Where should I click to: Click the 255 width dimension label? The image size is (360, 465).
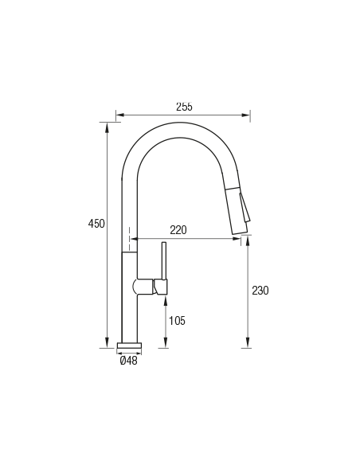[184, 107]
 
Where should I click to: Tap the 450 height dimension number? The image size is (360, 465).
[96, 223]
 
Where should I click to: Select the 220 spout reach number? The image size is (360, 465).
[178, 230]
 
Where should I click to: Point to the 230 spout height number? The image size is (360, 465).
[260, 291]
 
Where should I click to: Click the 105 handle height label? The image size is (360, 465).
[177, 321]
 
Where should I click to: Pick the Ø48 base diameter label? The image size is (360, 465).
[129, 361]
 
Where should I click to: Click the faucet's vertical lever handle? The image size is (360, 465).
[164, 261]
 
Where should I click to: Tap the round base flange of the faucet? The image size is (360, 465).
[130, 346]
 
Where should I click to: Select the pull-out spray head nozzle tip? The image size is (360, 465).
[239, 230]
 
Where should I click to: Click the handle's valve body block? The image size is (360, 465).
[160, 287]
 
